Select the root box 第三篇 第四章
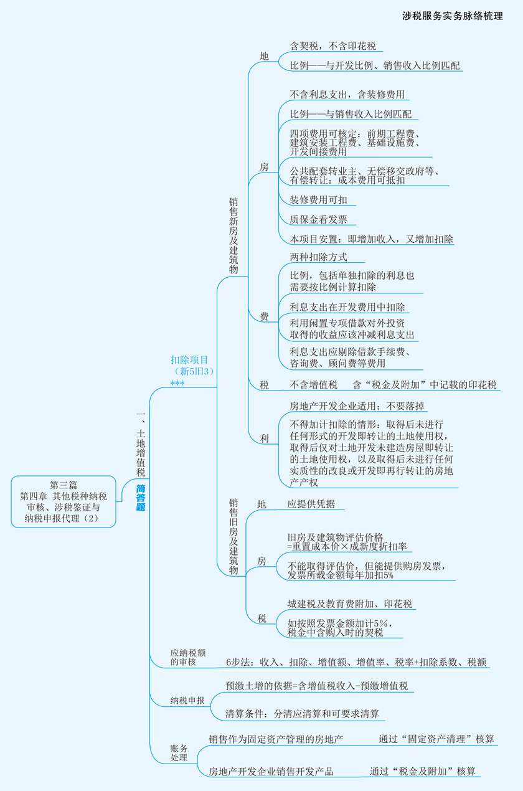[x=64, y=501]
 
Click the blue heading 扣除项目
[x=189, y=359]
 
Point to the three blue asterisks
[x=177, y=383]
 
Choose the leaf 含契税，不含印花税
[x=333, y=46]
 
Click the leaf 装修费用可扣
[x=319, y=200]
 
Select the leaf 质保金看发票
[x=319, y=219]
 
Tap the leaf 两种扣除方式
[x=319, y=257]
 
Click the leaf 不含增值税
[x=314, y=385]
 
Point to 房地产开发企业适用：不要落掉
[x=358, y=406]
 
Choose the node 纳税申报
[x=187, y=701]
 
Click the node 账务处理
[x=179, y=752]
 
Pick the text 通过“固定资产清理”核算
[x=436, y=739]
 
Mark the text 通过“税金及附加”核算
[x=423, y=772]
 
